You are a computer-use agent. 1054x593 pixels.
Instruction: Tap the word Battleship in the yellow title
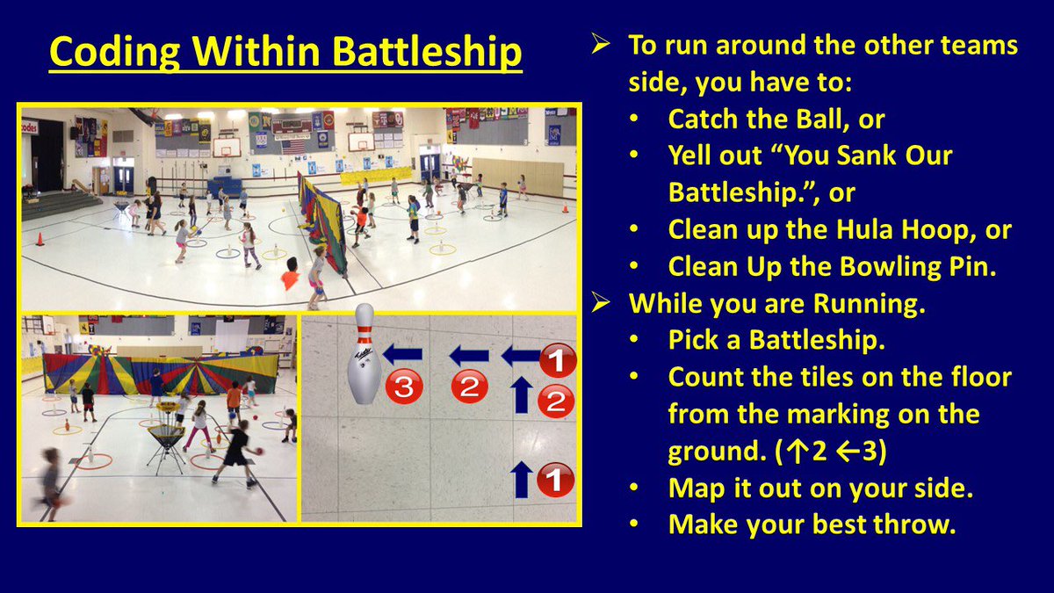click(421, 52)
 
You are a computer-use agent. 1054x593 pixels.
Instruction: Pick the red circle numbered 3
click(403, 387)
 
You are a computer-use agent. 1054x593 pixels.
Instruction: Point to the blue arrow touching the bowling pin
click(402, 355)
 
